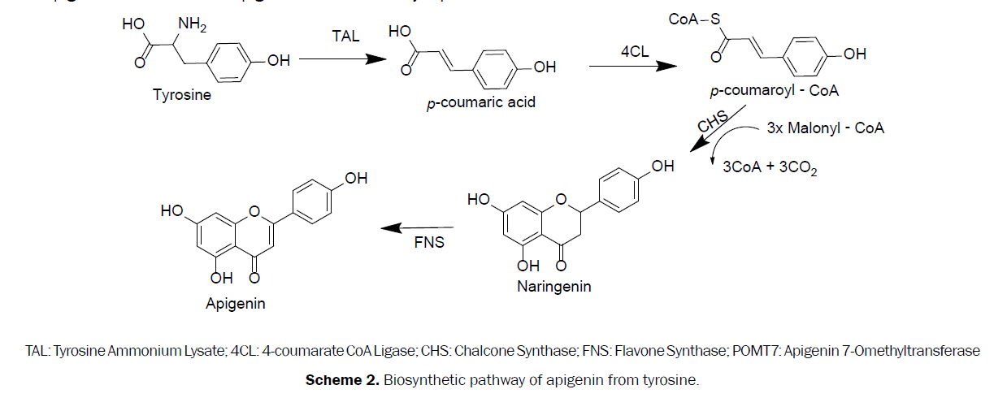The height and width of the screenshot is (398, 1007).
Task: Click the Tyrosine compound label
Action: (182, 95)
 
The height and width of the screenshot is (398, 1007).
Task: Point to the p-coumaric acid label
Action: (481, 103)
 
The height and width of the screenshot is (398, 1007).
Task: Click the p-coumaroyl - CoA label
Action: (774, 91)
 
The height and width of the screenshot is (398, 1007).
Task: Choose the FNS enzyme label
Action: (429, 243)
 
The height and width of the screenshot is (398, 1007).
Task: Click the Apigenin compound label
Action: (236, 303)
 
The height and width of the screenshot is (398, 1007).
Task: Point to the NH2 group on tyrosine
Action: (193, 24)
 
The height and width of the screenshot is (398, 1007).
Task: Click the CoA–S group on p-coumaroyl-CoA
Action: (696, 17)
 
